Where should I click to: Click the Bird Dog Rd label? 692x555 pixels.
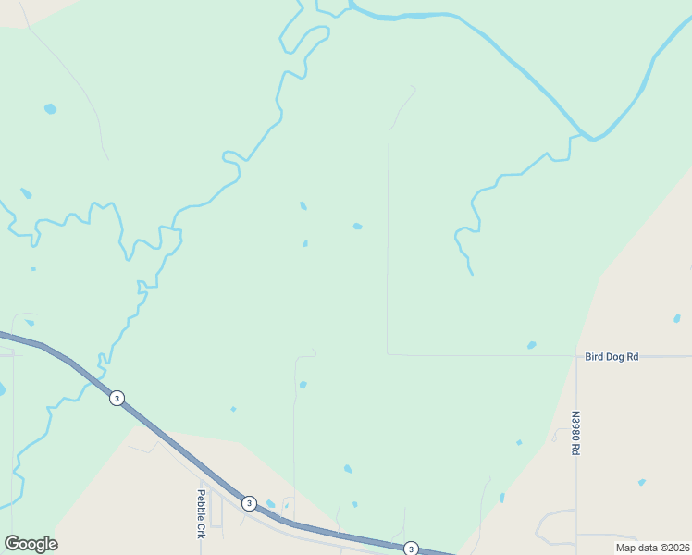pos(612,356)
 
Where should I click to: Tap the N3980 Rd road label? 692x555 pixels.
pos(575,433)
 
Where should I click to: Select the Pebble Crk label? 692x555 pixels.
pos(200,514)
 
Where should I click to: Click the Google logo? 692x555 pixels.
pos(31,544)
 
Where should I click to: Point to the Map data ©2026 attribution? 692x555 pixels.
pos(652,548)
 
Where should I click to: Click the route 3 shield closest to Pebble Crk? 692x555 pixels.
pos(249,503)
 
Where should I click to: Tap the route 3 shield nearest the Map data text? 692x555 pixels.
pos(411,549)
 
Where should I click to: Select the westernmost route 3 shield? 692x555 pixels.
pos(117,398)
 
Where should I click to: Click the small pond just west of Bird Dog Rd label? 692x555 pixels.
pos(531,346)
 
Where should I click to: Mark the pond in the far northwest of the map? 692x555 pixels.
pos(50,109)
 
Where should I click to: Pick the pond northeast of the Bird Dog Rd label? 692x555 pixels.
pos(677,318)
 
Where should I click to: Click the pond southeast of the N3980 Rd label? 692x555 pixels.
pos(641,482)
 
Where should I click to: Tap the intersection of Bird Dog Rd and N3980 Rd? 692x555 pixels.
pos(575,356)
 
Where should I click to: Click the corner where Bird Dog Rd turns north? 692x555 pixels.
pos(388,353)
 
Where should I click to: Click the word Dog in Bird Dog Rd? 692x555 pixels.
pos(613,356)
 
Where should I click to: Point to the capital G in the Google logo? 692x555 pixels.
pos(12,544)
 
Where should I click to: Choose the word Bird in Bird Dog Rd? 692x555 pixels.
pos(594,356)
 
